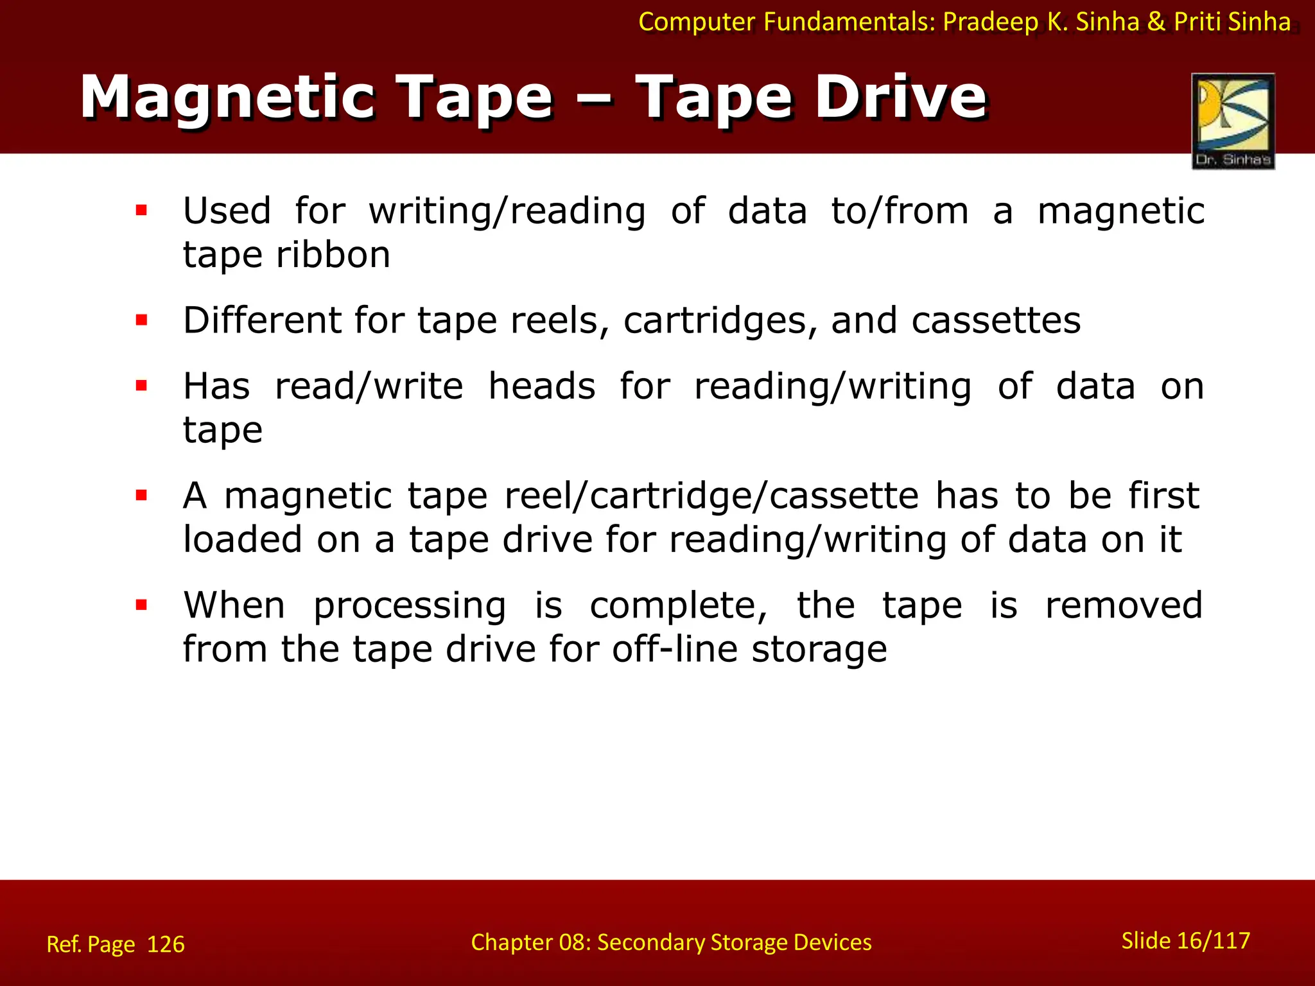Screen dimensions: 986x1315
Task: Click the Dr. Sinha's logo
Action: [x=1233, y=121]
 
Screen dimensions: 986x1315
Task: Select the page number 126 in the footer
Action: [x=166, y=944]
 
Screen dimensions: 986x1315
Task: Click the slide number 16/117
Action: [x=1207, y=940]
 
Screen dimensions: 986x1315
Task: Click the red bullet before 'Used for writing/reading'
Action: [x=142, y=211]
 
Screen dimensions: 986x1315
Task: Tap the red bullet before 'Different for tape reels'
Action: [x=142, y=320]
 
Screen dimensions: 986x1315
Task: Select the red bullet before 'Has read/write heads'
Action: [x=142, y=386]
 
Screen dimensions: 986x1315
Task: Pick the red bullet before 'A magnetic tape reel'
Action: [x=142, y=496]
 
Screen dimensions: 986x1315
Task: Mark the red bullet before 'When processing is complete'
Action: [x=142, y=605]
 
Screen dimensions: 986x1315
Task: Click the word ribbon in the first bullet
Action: [x=333, y=255]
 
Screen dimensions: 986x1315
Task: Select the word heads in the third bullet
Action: [x=542, y=386]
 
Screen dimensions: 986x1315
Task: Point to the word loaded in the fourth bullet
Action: [x=242, y=539]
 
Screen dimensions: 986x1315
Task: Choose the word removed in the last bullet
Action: [x=1124, y=605]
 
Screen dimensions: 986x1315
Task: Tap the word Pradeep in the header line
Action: [x=991, y=22]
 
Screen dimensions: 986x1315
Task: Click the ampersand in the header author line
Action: [x=1156, y=22]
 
